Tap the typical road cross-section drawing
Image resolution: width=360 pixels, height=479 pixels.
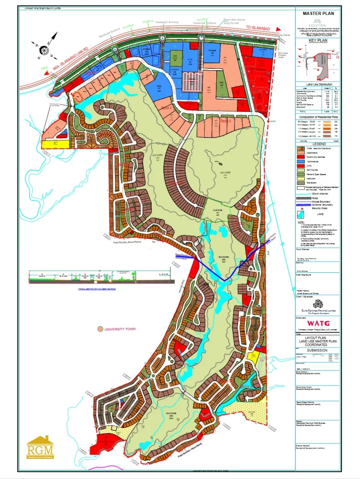101,278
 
